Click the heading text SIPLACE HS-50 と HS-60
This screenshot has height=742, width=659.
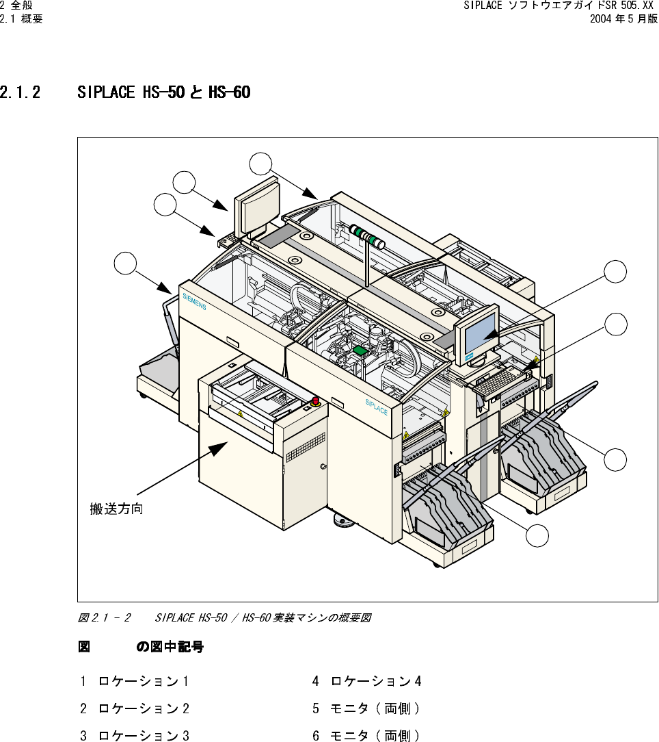click(163, 92)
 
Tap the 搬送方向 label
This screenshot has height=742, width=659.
click(117, 509)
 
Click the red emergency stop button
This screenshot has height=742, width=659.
click(315, 401)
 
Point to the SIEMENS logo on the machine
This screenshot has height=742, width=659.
click(194, 301)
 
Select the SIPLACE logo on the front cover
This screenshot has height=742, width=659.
click(376, 407)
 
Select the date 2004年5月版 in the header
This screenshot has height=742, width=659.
click(623, 19)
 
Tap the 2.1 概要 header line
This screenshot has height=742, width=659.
click(21, 19)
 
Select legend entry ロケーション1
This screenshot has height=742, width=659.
click(144, 681)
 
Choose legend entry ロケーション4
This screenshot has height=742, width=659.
click(375, 681)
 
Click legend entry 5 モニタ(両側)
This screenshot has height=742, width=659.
click(366, 708)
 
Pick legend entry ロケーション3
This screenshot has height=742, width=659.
click(144, 736)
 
